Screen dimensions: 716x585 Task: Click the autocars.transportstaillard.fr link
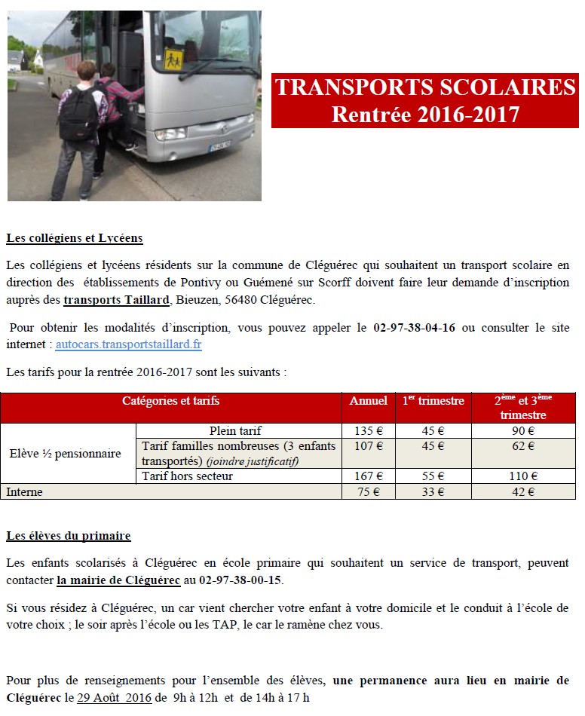coord(128,344)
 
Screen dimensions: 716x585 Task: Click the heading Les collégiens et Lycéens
coord(75,238)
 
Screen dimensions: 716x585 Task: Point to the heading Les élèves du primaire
coord(69,536)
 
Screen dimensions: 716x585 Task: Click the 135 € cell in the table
coord(368,431)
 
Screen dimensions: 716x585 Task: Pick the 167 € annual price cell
coord(368,476)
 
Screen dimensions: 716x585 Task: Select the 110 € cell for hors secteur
coord(523,476)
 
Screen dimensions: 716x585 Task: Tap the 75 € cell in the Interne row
coord(368,492)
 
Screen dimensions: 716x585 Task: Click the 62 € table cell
coord(523,446)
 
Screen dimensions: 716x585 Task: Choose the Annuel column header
coord(368,402)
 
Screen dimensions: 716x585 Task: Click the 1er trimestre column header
coord(433,402)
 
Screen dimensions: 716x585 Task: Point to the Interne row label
coord(25,492)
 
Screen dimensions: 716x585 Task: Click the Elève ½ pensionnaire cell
coord(65,454)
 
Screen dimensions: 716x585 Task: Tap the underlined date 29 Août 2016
coord(114,698)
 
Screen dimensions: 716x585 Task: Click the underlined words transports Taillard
coord(116,301)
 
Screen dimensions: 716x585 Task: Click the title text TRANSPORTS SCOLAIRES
coord(425,88)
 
